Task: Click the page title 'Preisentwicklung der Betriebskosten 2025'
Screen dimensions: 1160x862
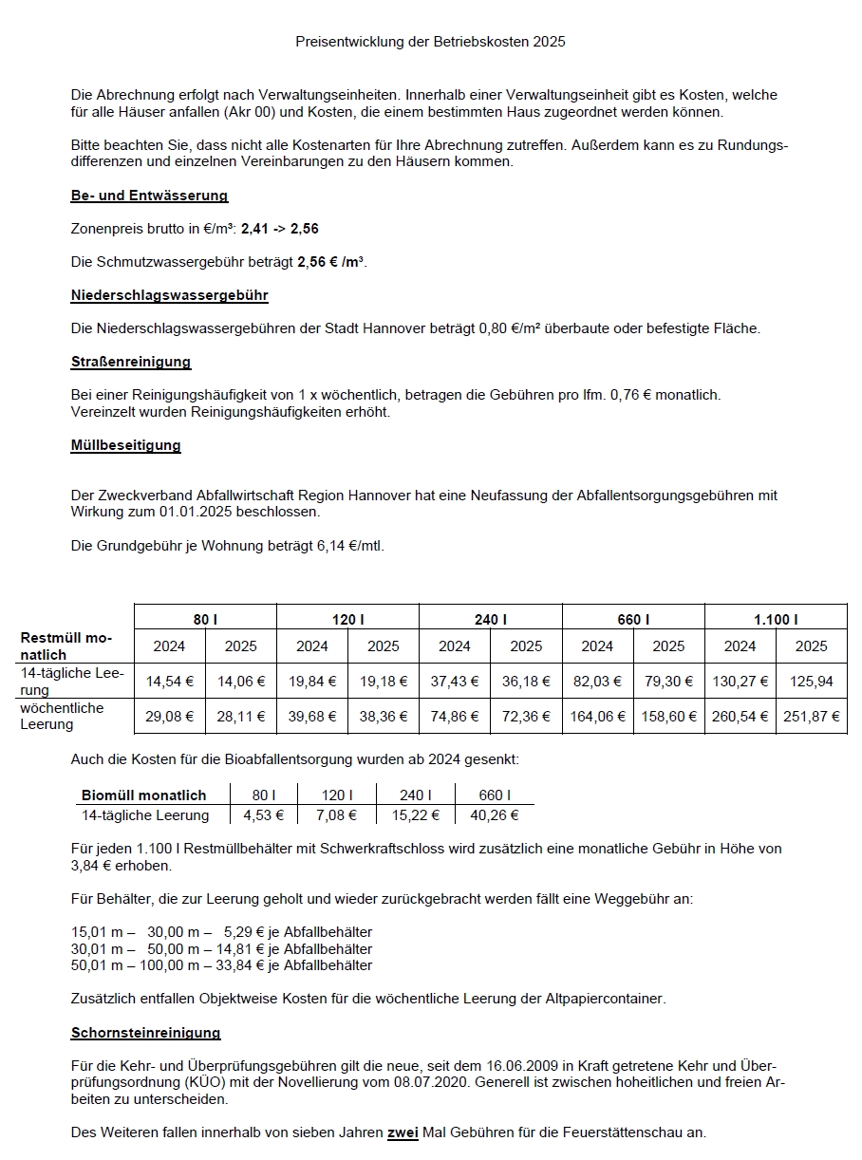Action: (430, 42)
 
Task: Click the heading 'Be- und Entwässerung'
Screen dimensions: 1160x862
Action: (149, 196)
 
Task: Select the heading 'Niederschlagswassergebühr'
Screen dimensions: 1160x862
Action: (169, 295)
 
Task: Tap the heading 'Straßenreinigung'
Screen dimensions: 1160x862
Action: (130, 362)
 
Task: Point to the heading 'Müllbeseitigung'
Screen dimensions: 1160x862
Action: (125, 444)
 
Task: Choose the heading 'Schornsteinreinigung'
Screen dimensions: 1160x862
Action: (145, 1033)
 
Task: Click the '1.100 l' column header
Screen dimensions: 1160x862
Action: (776, 619)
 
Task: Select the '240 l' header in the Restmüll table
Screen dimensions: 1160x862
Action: (490, 619)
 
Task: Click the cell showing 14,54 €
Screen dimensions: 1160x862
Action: (169, 681)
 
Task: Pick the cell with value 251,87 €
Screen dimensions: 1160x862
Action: (812, 717)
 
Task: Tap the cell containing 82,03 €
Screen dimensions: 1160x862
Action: (597, 681)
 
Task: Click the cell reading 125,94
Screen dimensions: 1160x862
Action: (812, 681)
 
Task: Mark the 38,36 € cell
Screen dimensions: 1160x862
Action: (384, 717)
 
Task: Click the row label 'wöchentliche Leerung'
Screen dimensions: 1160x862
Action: (63, 717)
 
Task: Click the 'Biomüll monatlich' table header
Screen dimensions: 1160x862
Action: (143, 795)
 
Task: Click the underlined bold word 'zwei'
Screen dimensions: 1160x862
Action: (403, 1132)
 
